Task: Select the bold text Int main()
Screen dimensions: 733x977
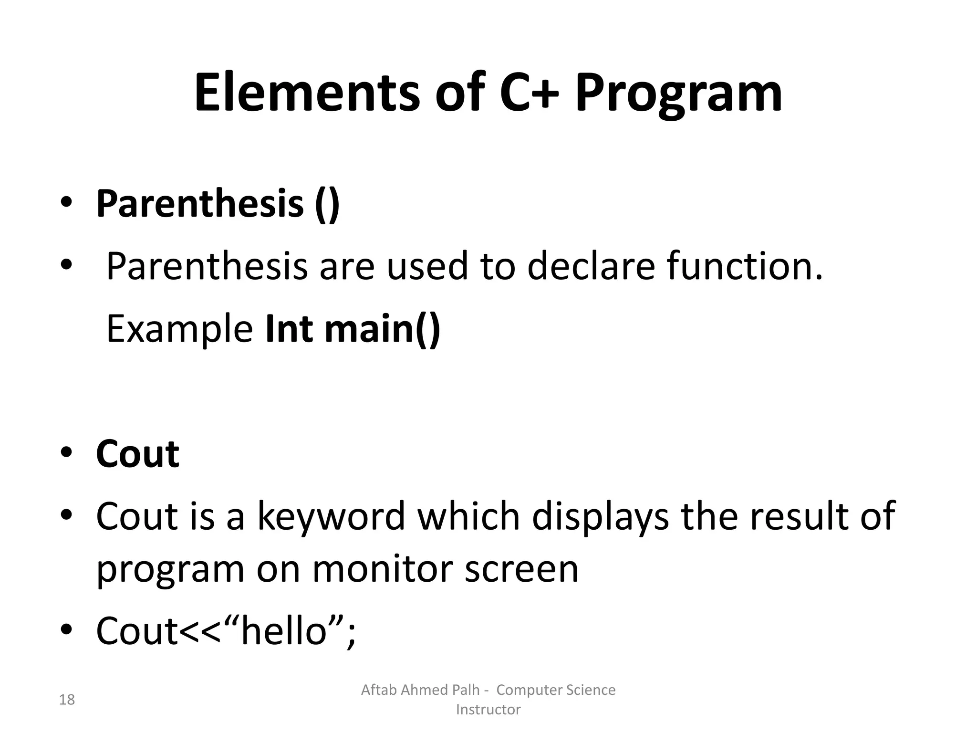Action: pos(353,329)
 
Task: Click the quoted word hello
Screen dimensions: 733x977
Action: pos(284,631)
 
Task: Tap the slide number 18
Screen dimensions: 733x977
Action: pos(67,700)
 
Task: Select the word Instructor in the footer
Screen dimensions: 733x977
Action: pos(488,710)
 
